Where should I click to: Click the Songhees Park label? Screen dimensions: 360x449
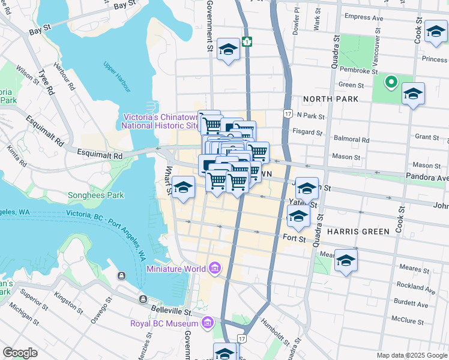[x=95, y=195]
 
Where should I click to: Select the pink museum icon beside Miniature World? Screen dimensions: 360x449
[x=215, y=268]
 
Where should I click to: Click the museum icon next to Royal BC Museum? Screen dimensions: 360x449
[x=207, y=324]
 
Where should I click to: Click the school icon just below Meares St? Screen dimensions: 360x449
[x=346, y=260]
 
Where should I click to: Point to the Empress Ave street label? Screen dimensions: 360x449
[x=363, y=18]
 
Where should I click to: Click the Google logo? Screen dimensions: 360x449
[x=20, y=352]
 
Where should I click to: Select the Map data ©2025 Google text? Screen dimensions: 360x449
[x=411, y=355]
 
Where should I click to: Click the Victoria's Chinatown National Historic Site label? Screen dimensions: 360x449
[x=160, y=122]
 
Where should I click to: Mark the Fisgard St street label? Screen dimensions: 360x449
[x=310, y=131]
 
